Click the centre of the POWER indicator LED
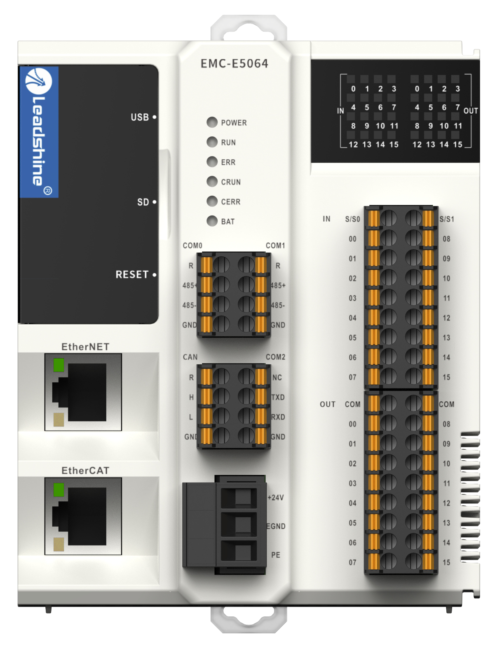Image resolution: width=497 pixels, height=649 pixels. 212,122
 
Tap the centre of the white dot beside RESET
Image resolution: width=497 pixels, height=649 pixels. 155,275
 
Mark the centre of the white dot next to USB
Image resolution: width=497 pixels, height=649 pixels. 155,117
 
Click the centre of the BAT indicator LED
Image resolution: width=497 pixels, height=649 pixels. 212,221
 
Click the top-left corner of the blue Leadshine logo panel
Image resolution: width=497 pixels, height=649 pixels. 20,67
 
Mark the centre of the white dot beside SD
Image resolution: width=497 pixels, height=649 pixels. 155,202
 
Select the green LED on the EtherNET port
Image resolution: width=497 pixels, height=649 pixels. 59,365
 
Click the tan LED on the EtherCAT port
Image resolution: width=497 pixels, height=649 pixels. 59,544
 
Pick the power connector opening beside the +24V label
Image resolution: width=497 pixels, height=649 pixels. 239,498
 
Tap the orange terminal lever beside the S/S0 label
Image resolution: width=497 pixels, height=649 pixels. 374,219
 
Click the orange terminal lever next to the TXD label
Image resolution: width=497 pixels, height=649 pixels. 261,397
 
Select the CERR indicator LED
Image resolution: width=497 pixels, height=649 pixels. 212,201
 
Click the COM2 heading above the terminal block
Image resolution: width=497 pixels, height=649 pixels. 275,357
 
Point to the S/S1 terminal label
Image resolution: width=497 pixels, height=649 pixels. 447,219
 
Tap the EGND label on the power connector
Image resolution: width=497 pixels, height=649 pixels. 276,526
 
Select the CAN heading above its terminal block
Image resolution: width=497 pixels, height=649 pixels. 190,357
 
